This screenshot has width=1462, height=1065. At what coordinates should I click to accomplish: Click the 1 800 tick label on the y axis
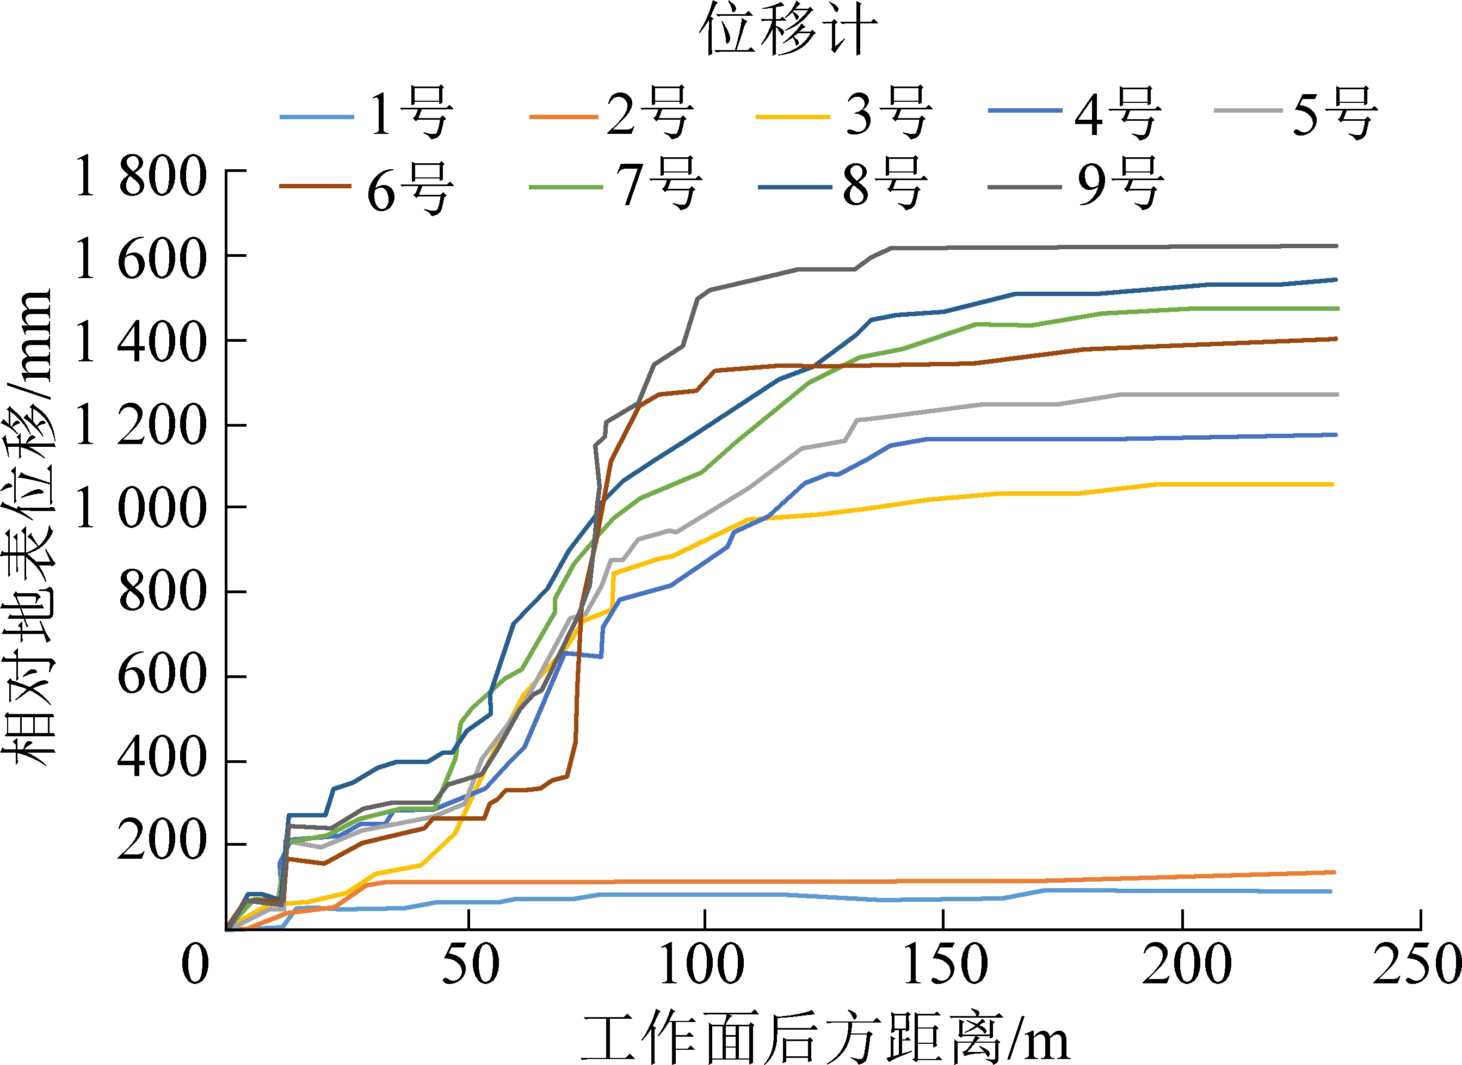(x=140, y=176)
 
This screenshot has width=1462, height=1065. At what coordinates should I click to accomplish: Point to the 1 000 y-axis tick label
(x=140, y=508)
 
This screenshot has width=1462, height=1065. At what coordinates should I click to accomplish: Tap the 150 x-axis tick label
(x=945, y=964)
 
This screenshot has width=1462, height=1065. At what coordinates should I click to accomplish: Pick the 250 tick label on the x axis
(x=1417, y=964)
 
